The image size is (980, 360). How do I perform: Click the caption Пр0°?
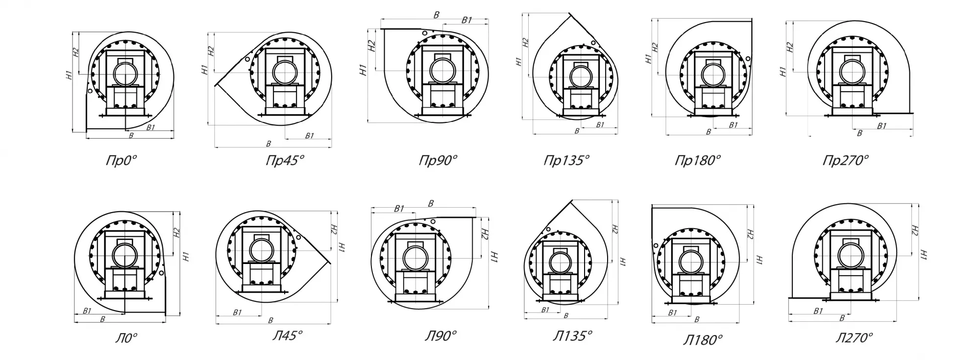point(121,160)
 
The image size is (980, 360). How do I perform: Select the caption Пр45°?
point(285,160)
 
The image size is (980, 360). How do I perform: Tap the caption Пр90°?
point(438,160)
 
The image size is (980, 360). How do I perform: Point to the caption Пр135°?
point(567,160)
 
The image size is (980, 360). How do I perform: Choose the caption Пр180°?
point(698,160)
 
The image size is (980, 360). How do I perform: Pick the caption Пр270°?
point(846,160)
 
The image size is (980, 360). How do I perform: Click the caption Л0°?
point(126,337)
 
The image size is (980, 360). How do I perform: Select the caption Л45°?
point(288,336)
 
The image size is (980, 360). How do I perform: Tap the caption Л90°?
point(441,336)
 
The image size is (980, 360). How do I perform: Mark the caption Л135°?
point(572,336)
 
